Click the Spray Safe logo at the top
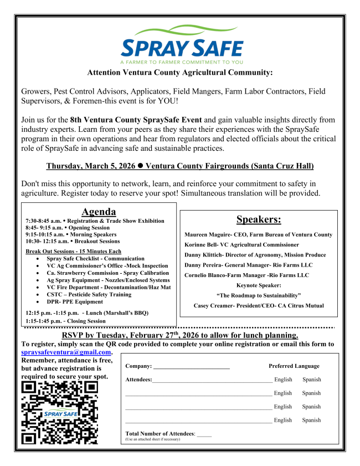tap(182, 44)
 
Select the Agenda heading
tap(99, 212)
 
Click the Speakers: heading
tap(259, 219)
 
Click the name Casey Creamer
tap(212, 305)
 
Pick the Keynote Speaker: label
tap(259, 285)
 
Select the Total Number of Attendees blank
tap(204, 434)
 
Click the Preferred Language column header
tap(294, 366)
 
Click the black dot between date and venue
tap(141, 166)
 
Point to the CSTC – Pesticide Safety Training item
tap(89, 295)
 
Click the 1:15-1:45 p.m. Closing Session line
tap(65, 321)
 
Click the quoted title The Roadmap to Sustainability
tap(259, 295)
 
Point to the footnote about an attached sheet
tap(152, 439)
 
